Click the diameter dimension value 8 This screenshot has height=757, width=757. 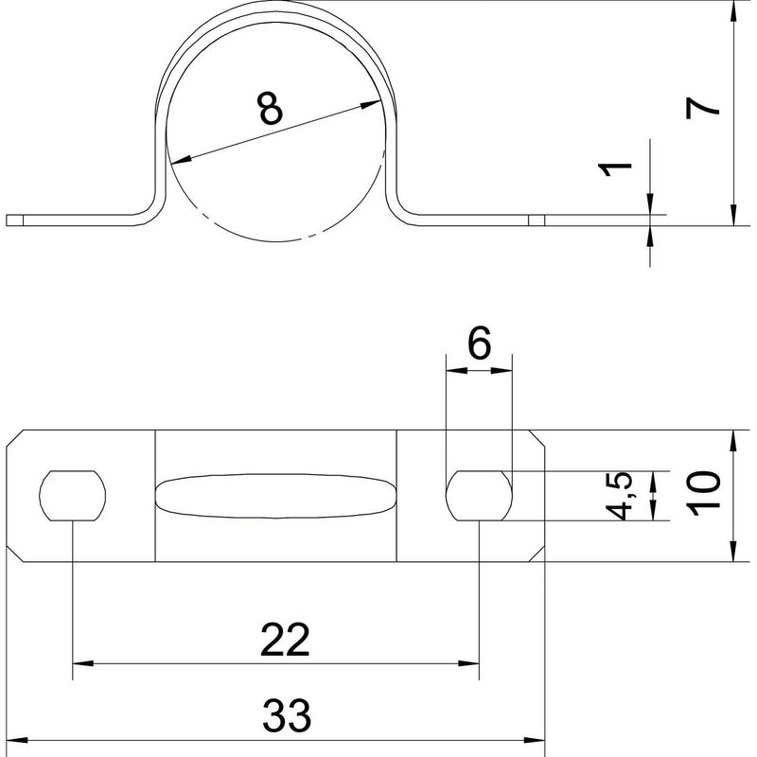[271, 109]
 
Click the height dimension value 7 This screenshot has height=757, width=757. [703, 107]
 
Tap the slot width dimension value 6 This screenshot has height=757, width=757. [480, 343]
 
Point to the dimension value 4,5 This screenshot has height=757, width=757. [620, 496]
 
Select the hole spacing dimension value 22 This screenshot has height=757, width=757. [285, 641]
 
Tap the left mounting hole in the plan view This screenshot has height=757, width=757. [73, 496]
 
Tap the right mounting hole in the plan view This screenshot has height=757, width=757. [479, 496]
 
